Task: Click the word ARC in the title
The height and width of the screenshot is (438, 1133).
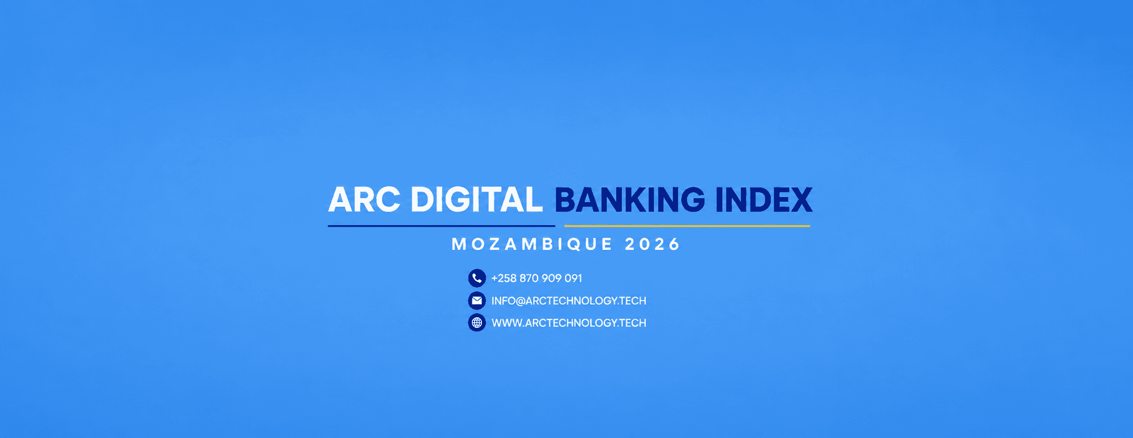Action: [364, 200]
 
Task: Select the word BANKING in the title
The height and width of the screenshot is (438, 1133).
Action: [630, 200]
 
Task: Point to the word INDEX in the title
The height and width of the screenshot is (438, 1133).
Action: [764, 200]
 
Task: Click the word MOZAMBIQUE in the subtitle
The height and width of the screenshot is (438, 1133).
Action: [532, 244]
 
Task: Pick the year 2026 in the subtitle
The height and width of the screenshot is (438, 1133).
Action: [653, 244]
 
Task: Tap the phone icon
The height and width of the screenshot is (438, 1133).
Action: [477, 278]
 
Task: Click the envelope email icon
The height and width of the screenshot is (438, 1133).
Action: [477, 300]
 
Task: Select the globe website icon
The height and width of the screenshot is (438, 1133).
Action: [477, 323]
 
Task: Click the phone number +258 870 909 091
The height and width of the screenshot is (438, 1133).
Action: [536, 279]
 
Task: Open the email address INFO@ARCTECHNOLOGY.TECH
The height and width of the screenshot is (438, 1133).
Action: [568, 301]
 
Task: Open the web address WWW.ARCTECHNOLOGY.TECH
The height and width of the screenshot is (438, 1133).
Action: [568, 323]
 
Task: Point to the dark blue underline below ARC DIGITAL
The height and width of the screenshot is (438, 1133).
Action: [442, 226]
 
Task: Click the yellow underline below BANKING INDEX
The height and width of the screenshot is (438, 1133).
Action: [687, 226]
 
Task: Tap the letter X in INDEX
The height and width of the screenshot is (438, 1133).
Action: [800, 200]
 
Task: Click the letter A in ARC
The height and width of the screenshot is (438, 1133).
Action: [341, 200]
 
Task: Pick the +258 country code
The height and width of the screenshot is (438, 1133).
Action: [504, 279]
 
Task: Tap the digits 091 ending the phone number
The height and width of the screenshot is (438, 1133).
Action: [574, 279]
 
